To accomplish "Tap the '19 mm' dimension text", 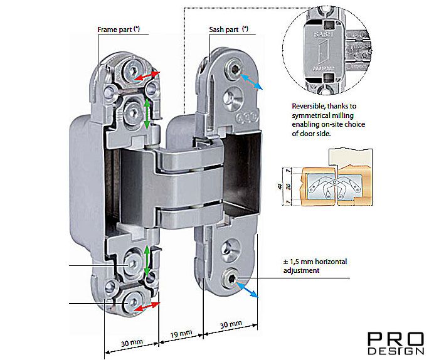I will [x=180, y=334].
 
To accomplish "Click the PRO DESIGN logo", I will [x=395, y=343].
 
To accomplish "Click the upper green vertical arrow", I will [x=147, y=115].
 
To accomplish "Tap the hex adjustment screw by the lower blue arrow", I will [x=233, y=278].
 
